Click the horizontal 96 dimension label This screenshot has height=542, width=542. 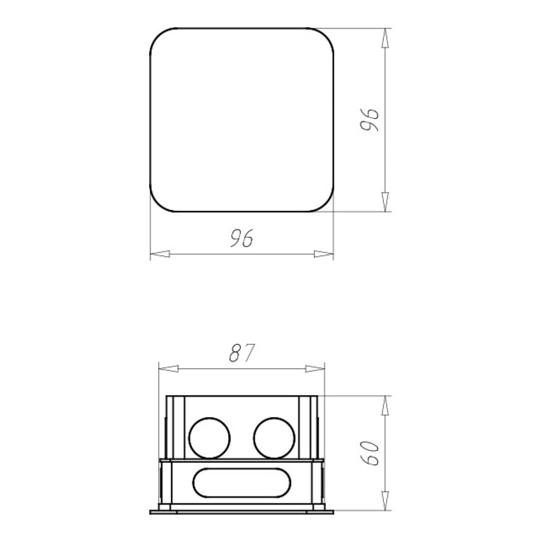242,238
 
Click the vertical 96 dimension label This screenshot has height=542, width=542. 369,120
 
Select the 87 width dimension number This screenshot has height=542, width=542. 242,352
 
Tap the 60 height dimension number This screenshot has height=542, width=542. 369,453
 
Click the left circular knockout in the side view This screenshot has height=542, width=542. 209,438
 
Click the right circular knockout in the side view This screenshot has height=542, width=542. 274,438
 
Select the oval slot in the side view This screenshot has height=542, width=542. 242,483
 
